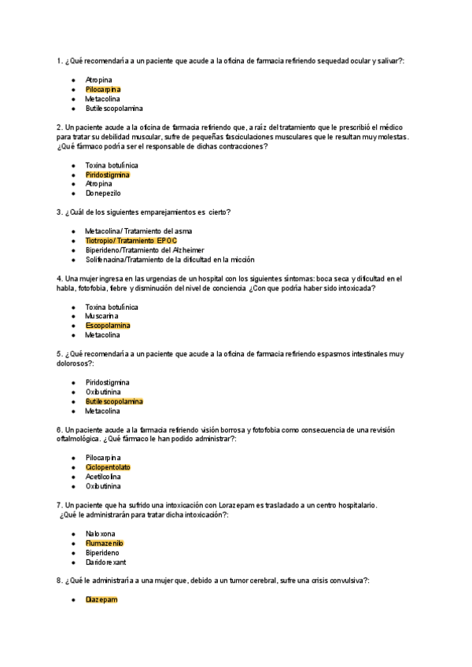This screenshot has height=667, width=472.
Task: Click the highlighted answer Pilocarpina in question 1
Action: [103, 90]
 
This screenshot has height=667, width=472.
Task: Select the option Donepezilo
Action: [105, 193]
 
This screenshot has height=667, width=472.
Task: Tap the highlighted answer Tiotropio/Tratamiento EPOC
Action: [131, 240]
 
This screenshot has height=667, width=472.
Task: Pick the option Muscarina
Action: [102, 316]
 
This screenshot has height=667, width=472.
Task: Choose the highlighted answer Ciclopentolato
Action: [108, 467]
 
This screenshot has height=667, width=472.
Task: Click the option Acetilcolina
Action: [104, 477]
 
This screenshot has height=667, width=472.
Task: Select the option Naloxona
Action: [101, 534]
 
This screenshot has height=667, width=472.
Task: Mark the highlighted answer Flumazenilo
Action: [105, 544]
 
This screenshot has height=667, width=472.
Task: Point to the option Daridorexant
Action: [106, 562]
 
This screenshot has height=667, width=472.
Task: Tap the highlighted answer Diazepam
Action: [101, 600]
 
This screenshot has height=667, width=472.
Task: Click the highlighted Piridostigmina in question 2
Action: [108, 175]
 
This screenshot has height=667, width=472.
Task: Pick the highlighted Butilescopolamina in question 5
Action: [114, 401]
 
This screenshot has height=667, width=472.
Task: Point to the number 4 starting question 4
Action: [59, 278]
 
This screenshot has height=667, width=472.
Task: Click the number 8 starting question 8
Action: [59, 580]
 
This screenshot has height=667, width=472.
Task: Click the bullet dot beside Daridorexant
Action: [72, 562]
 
